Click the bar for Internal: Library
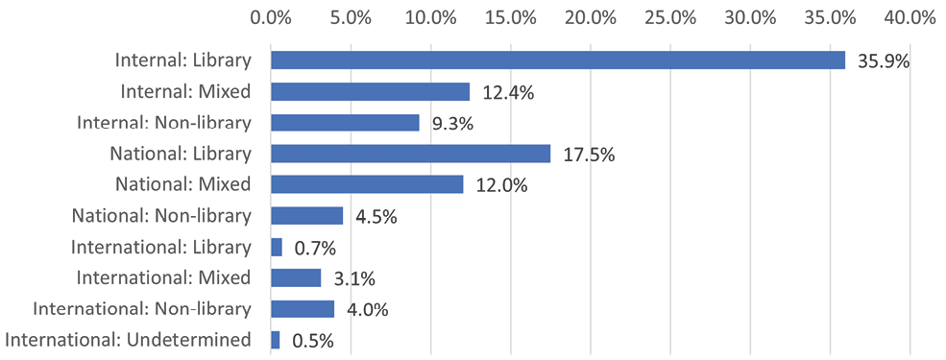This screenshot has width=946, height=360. click(x=557, y=60)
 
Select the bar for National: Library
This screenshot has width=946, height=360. click(x=410, y=154)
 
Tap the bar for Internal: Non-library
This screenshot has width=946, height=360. click(x=345, y=123)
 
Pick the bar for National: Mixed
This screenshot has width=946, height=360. click(x=367, y=184)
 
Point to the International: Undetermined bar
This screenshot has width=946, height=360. click(x=276, y=340)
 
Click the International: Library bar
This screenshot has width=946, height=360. click(x=277, y=248)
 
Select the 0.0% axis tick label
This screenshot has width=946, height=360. click(x=270, y=17)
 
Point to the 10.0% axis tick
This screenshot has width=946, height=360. click(x=430, y=17)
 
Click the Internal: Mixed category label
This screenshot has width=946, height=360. click(x=186, y=92)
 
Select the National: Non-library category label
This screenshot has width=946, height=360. click(x=161, y=216)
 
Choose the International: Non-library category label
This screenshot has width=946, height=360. click(x=142, y=309)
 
